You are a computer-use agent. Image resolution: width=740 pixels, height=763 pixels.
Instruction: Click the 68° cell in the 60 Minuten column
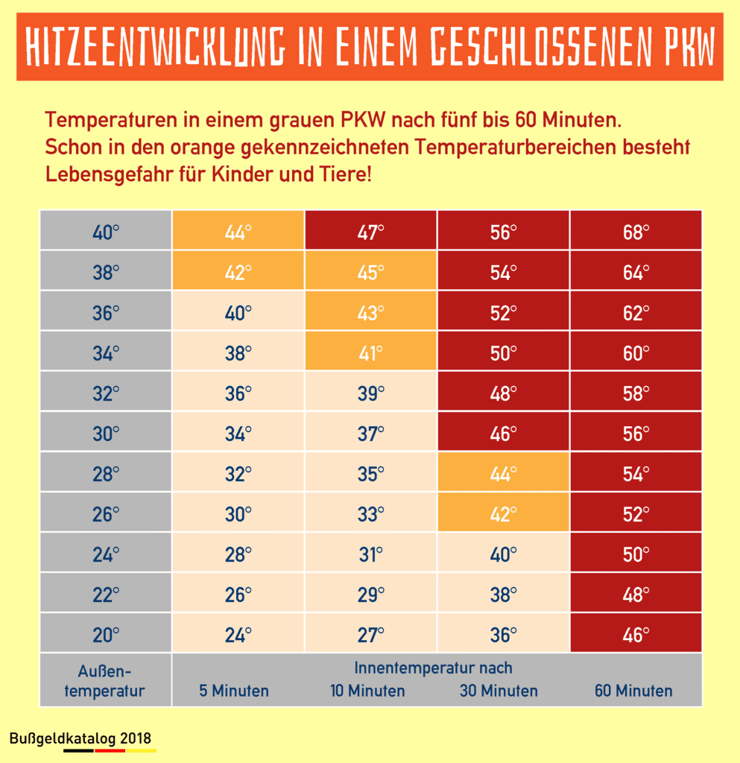pyautogui.click(x=636, y=232)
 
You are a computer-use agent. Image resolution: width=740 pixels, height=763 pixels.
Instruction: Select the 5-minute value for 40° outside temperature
pyautogui.click(x=238, y=232)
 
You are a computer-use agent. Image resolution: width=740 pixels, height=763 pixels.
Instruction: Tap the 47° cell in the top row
pyautogui.click(x=370, y=232)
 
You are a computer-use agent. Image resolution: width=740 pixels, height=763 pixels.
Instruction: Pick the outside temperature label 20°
pyautogui.click(x=106, y=635)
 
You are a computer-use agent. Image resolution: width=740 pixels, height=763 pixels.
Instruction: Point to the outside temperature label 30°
pyautogui.click(x=106, y=433)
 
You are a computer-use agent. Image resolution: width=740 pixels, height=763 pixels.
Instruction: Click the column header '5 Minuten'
pyautogui.click(x=234, y=691)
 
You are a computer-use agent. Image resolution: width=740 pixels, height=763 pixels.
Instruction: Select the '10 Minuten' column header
pyautogui.click(x=368, y=691)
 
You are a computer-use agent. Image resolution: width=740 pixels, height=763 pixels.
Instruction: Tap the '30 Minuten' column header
pyautogui.click(x=499, y=691)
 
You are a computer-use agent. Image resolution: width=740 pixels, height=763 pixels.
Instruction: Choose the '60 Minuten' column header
pyautogui.click(x=633, y=691)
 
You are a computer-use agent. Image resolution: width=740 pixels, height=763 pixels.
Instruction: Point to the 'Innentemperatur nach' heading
pyautogui.click(x=433, y=668)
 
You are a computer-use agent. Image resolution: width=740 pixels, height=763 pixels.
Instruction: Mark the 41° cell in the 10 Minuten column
pyautogui.click(x=370, y=352)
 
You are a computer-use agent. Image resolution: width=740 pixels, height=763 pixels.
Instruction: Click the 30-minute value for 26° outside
pyautogui.click(x=503, y=513)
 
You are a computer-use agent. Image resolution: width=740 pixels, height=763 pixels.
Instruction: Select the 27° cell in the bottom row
pyautogui.click(x=370, y=635)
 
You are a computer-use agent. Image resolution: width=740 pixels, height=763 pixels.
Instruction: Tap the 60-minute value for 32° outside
pyautogui.click(x=636, y=393)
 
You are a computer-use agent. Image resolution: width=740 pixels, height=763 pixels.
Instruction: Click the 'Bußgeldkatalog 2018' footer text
pyautogui.click(x=80, y=738)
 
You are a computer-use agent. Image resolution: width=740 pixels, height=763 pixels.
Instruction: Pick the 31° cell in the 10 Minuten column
pyautogui.click(x=370, y=554)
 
